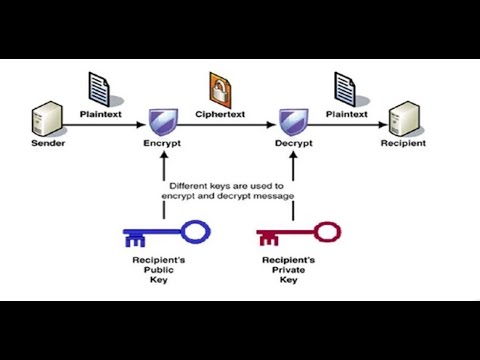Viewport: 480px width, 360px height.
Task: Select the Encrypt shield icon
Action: (x=163, y=123)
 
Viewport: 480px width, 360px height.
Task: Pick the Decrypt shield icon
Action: (x=293, y=123)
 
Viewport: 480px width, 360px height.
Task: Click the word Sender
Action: (x=41, y=144)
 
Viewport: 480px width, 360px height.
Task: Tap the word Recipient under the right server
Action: (x=403, y=144)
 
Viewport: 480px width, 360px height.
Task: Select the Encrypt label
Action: (x=161, y=145)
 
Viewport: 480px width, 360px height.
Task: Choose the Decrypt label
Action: (x=294, y=145)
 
